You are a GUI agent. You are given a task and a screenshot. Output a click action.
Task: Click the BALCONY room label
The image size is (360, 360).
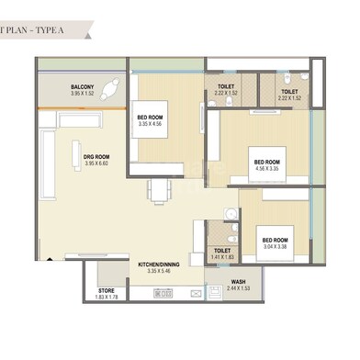point(82,87)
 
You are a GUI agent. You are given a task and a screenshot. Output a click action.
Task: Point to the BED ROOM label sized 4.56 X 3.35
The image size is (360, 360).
point(268,162)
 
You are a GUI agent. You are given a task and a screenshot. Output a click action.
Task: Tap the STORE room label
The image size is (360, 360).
point(107,290)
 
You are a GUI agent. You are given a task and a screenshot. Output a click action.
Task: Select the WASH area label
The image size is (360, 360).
point(238,282)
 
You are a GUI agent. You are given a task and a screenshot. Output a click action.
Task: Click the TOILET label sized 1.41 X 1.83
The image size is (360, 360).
point(221,250)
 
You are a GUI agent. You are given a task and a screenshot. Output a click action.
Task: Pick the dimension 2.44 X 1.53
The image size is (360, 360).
point(238,289)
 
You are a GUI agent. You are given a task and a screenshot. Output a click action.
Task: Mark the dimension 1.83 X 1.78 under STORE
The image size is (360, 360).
point(107,298)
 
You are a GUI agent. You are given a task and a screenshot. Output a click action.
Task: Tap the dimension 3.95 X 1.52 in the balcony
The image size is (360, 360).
point(82,95)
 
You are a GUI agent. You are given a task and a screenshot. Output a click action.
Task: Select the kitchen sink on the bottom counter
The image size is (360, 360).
point(193,295)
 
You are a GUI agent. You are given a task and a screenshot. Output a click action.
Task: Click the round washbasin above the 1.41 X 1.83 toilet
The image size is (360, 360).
point(230,215)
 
